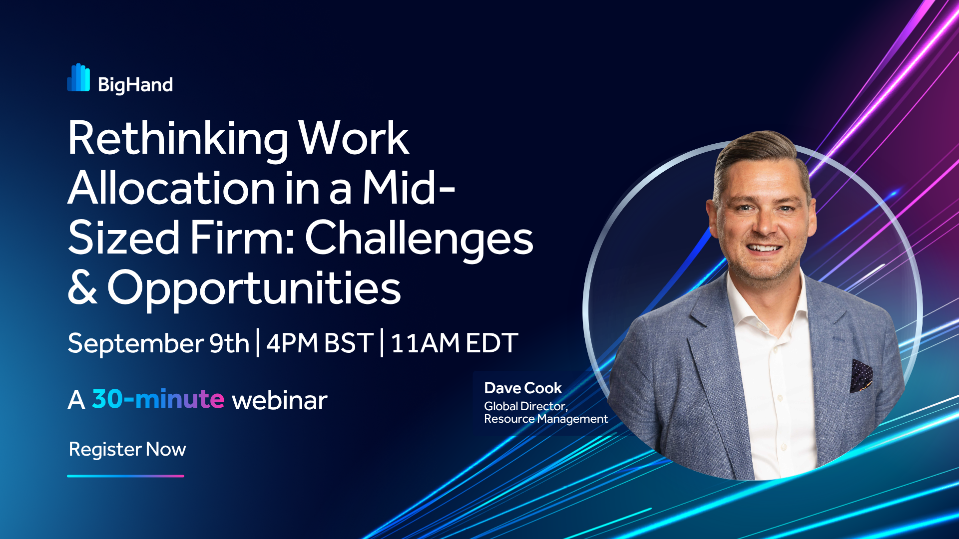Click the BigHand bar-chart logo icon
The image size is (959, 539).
[x=78, y=78]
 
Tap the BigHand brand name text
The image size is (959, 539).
[x=135, y=85]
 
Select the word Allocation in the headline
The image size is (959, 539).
[x=171, y=188]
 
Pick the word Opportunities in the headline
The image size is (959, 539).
[x=254, y=289]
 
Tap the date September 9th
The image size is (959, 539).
[x=158, y=343]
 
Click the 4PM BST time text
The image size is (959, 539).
[x=320, y=343]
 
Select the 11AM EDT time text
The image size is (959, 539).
[x=454, y=343]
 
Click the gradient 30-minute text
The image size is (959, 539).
[x=158, y=399]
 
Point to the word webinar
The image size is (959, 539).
[x=280, y=400]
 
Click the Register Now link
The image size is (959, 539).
[x=127, y=450]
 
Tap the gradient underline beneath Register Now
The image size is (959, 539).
[x=125, y=476]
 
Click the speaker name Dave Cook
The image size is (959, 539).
[x=523, y=388]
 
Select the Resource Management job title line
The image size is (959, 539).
[x=546, y=419]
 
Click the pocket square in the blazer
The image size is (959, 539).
[x=861, y=375]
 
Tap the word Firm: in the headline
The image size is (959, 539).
[x=242, y=238]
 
